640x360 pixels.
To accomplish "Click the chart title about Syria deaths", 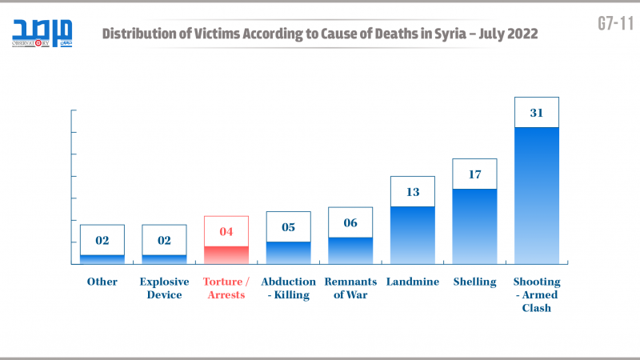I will click(x=319, y=34).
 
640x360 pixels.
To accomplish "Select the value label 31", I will click(x=536, y=113).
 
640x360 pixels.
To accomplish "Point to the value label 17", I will click(x=474, y=174).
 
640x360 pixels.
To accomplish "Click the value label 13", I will click(x=412, y=191).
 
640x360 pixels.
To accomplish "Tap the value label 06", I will click(x=350, y=222).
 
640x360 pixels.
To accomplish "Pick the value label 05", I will click(x=288, y=226).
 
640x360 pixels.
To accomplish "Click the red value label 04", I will click(x=226, y=231).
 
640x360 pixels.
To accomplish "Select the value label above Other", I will click(x=102, y=240).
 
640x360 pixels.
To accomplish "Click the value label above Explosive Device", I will click(x=164, y=240).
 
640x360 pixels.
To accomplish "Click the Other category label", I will click(x=102, y=282).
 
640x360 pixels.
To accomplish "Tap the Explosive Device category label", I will click(x=164, y=288).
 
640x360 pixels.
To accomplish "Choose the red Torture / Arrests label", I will click(x=226, y=288).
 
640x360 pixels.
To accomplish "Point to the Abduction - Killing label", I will click(x=288, y=288).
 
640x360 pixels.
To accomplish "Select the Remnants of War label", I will click(x=350, y=288).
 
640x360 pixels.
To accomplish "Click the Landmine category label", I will click(x=412, y=282).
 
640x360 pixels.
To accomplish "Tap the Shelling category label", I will click(x=474, y=282).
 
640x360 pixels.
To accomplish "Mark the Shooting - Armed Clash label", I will click(x=536, y=294).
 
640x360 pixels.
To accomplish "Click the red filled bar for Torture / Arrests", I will click(x=226, y=255).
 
